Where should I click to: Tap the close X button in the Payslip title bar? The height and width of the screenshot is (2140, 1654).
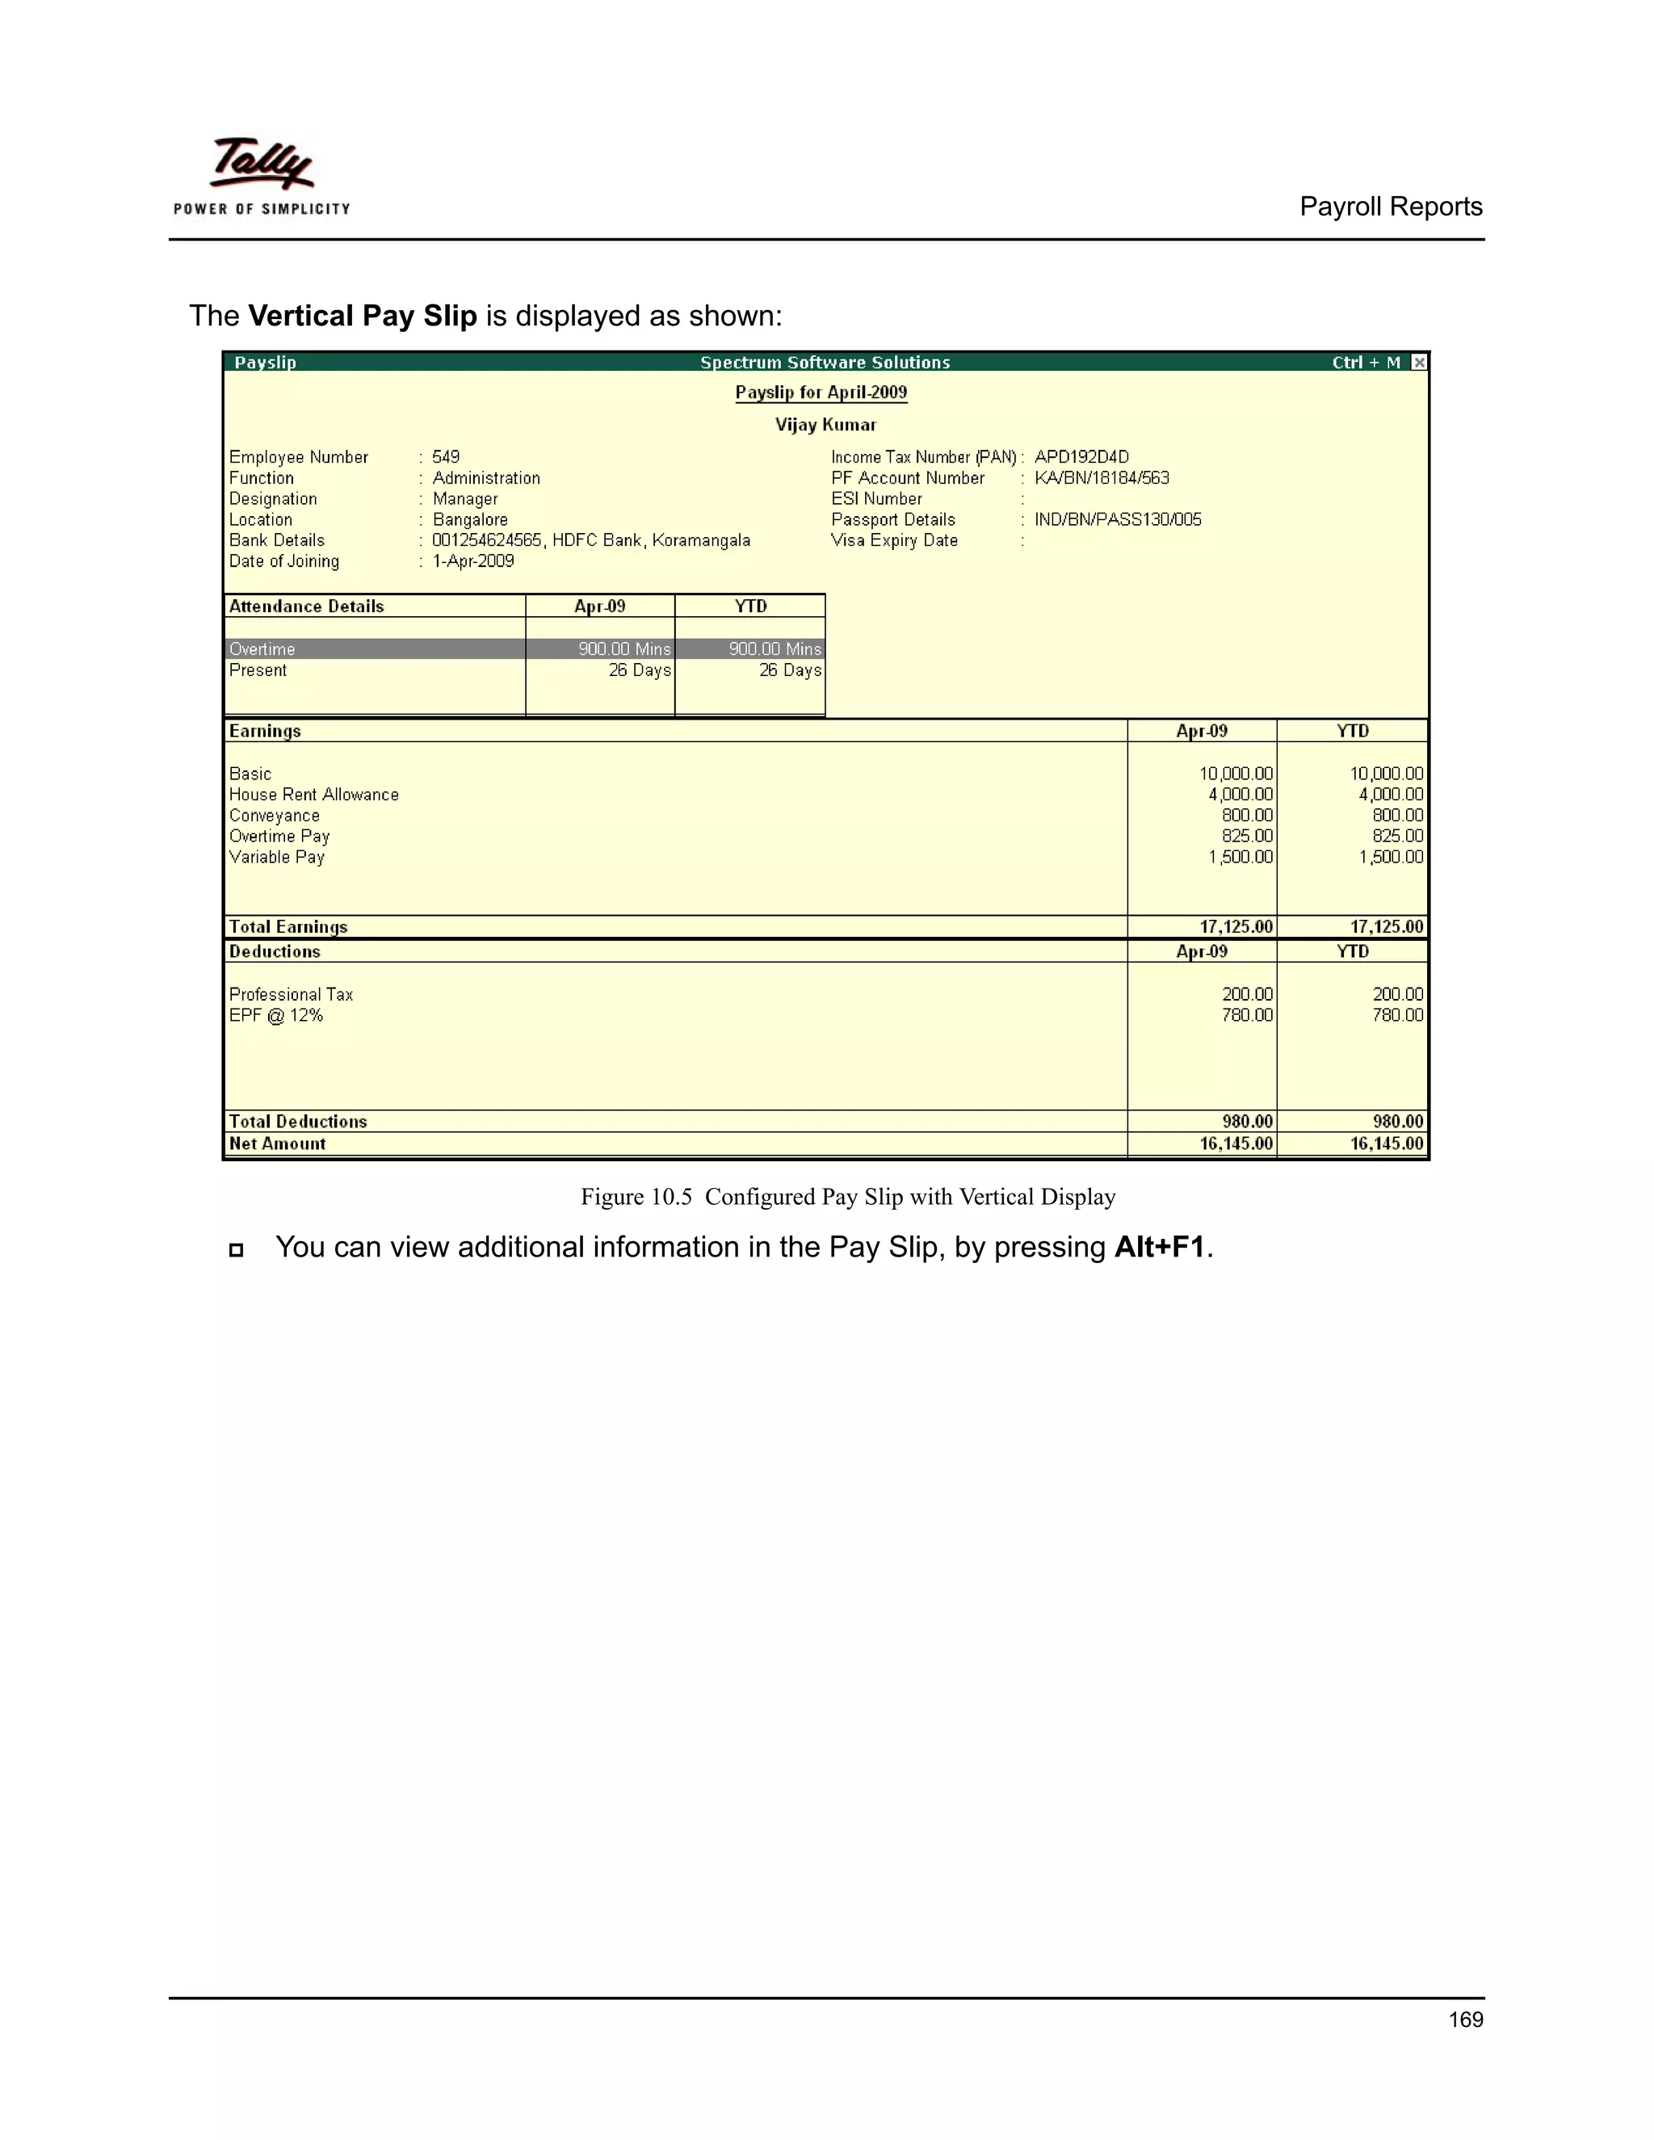click(1418, 363)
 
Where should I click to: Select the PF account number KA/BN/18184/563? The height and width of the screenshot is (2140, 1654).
click(1102, 478)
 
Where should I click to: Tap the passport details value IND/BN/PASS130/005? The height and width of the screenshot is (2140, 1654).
click(1117, 519)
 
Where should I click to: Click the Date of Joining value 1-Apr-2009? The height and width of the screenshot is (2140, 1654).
click(473, 561)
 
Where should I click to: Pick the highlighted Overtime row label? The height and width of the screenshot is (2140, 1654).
click(262, 649)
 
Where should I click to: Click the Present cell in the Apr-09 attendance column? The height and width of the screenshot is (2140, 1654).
click(639, 670)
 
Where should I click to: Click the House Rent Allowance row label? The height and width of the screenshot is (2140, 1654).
click(313, 795)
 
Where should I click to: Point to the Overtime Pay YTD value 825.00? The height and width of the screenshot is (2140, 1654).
click(1397, 836)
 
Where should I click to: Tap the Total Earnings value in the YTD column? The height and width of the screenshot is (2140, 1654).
click(1386, 927)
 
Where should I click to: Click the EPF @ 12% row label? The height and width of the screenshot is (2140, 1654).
click(276, 1016)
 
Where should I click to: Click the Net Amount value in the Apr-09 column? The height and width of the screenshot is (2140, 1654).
click(1236, 1143)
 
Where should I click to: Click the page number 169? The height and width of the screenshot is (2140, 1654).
click(1465, 2020)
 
